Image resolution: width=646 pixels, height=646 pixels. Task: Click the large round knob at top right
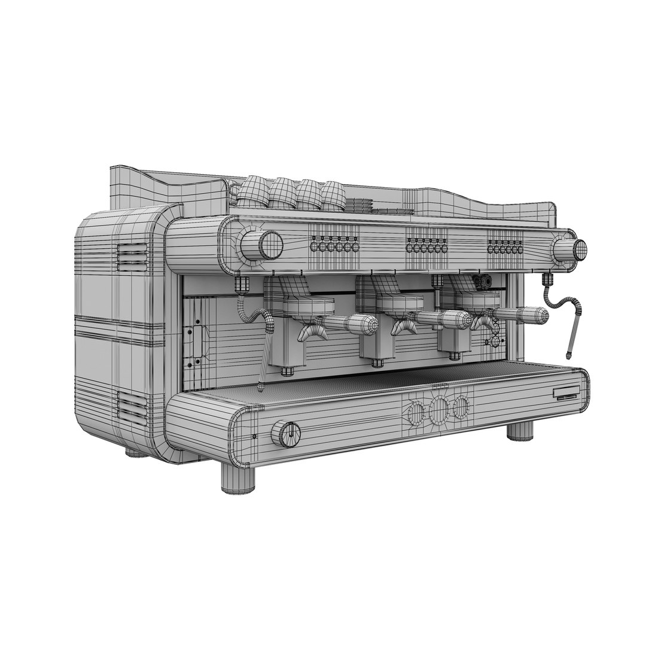click(x=579, y=249)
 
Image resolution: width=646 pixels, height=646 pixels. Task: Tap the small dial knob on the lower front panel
click(x=288, y=433)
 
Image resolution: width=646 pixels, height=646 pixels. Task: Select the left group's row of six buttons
click(x=334, y=246)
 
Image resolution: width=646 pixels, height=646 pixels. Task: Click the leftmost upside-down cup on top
click(x=251, y=190)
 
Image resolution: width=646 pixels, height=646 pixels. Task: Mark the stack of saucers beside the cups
click(x=359, y=204)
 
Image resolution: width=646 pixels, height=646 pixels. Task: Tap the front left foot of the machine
click(x=238, y=479)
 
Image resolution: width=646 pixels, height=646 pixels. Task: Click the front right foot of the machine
click(x=520, y=431)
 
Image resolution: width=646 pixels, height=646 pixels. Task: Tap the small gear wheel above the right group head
click(x=482, y=281)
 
